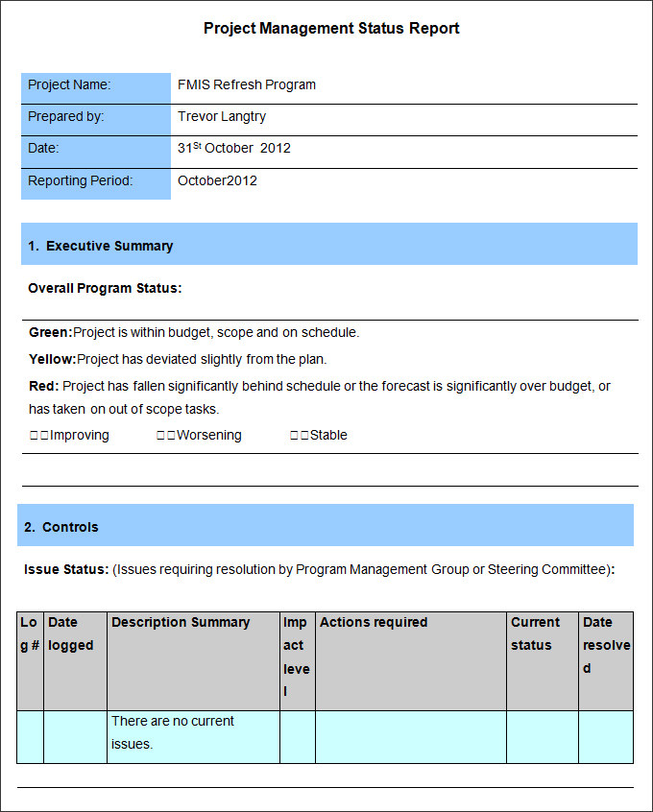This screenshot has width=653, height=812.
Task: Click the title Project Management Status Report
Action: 331,29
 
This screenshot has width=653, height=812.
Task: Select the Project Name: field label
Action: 69,84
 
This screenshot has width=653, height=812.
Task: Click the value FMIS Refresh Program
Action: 247,84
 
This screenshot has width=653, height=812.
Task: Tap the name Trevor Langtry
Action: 222,116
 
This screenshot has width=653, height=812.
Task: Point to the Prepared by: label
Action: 66,116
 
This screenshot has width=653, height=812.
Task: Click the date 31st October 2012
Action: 234,148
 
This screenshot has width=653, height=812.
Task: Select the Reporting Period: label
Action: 81,180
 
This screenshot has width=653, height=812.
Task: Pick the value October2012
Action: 217,180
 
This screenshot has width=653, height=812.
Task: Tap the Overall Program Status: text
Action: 105,288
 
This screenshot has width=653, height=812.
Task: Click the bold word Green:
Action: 51,332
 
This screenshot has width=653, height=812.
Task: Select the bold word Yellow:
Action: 53,359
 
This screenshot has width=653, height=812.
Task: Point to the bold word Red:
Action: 44,386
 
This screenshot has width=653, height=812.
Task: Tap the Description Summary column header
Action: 181,622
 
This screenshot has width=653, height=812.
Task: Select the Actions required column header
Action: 374,622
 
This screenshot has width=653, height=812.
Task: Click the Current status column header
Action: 535,633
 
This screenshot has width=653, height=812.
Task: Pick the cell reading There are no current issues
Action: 173,732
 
